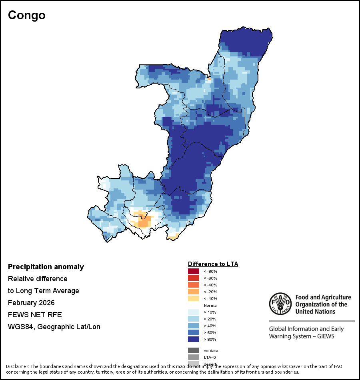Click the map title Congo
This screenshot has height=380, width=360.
pyautogui.click(x=27, y=15)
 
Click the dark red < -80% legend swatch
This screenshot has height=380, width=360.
pyautogui.click(x=194, y=272)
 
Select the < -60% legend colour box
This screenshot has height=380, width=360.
pyautogui.click(x=194, y=278)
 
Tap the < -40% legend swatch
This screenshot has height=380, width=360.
pyautogui.click(x=194, y=285)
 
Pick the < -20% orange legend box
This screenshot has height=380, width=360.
pyautogui.click(x=194, y=292)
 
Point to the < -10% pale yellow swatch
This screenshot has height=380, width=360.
pyautogui.click(x=194, y=299)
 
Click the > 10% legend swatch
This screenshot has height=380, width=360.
pyautogui.click(x=194, y=312)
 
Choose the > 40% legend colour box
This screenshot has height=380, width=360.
pyautogui.click(x=194, y=326)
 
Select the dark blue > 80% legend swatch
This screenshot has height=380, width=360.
pyautogui.click(x=194, y=340)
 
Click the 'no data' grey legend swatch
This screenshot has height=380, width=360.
pyautogui.click(x=194, y=350)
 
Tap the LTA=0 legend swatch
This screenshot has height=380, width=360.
pyautogui.click(x=194, y=357)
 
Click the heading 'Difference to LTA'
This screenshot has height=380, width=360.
pyautogui.click(x=213, y=264)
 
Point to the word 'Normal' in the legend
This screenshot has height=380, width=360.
pyautogui.click(x=210, y=306)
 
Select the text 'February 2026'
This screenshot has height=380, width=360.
pyautogui.click(x=31, y=303)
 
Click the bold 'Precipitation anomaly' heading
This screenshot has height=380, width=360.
pyautogui.click(x=46, y=267)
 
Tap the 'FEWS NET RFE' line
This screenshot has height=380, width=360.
pyautogui.click(x=35, y=315)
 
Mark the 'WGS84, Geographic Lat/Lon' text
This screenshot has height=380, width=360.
pyautogui.click(x=54, y=327)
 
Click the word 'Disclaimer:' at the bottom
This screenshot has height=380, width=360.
pyautogui.click(x=17, y=366)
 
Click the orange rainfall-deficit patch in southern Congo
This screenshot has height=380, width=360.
pyautogui.click(x=142, y=221)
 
